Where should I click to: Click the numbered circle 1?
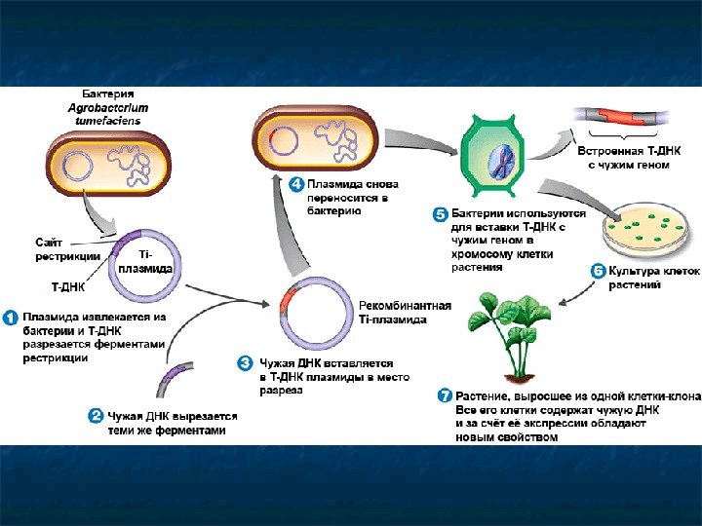tap(11, 318)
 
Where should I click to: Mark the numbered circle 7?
tap(445, 395)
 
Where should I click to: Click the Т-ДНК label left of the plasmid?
tap(67, 288)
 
